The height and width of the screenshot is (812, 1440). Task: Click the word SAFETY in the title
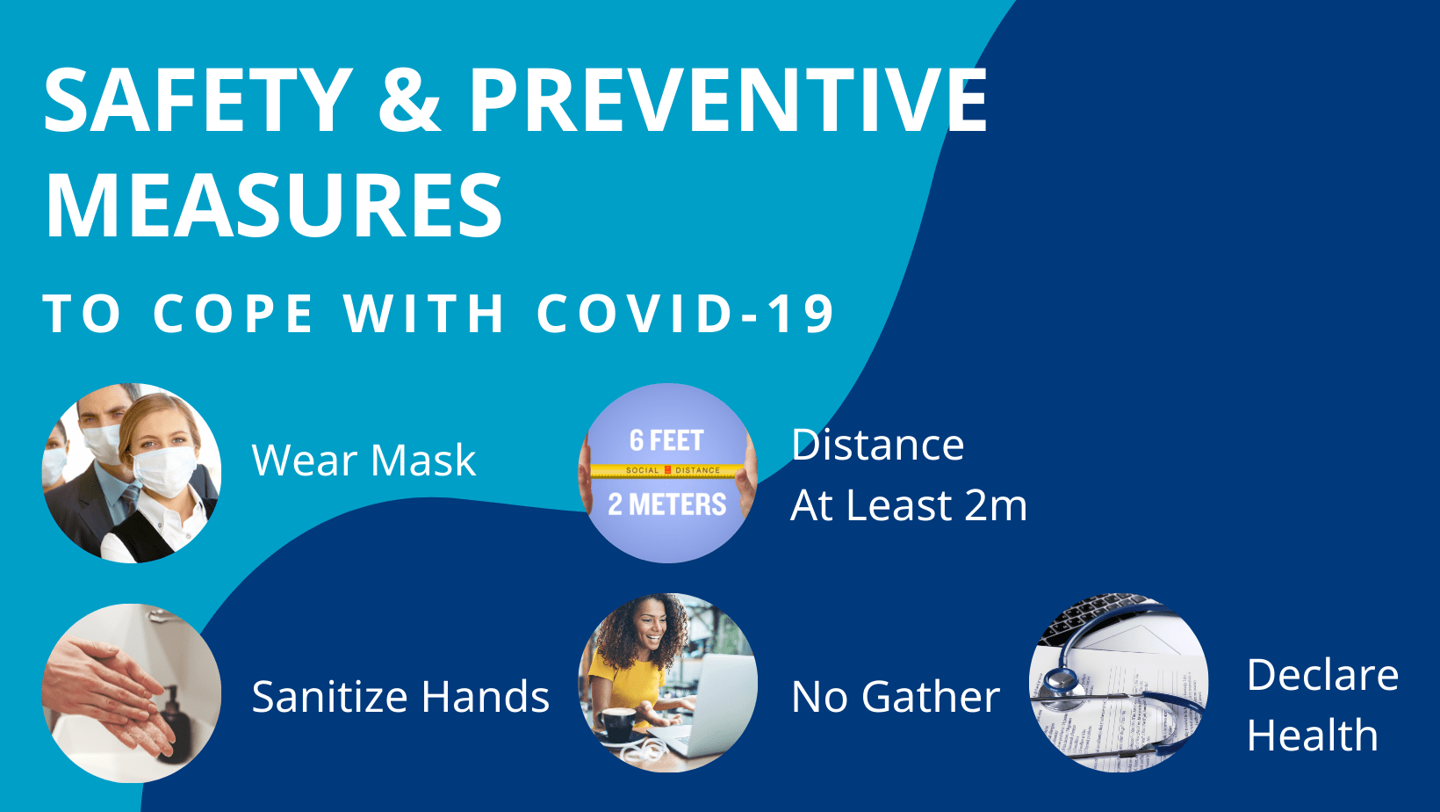tap(198, 100)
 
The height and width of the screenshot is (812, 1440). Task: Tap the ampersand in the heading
tap(409, 100)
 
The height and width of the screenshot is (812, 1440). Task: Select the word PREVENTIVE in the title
tap(727, 100)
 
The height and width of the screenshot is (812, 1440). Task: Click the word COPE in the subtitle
tap(233, 314)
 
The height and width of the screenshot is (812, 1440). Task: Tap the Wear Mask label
tap(364, 460)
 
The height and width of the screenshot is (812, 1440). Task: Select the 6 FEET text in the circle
tap(666, 440)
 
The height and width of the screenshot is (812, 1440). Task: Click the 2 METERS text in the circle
tap(667, 504)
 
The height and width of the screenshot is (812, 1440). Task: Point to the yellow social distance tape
tap(667, 470)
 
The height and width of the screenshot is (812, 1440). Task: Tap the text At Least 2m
tap(908, 505)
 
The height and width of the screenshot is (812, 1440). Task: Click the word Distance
tap(877, 445)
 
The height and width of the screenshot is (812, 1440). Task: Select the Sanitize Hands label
tap(400, 697)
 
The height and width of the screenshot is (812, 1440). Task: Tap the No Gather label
tap(895, 697)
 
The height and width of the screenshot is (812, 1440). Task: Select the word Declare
tap(1322, 675)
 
